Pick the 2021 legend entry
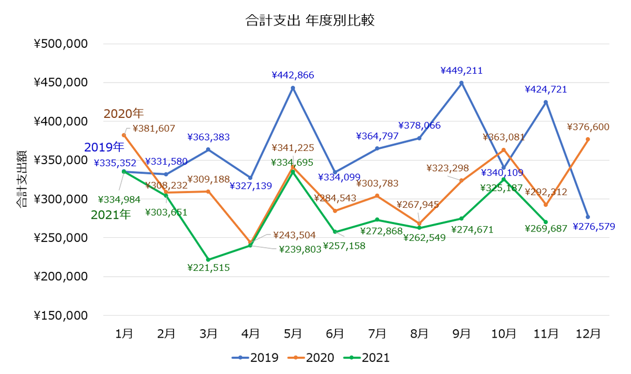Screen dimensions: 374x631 [367, 358]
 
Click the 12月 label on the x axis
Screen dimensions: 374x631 [588, 333]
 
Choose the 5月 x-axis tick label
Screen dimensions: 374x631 [292, 333]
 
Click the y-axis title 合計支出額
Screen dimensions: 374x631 [22, 179]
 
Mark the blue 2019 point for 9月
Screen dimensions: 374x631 [461, 83]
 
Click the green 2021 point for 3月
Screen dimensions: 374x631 [208, 260]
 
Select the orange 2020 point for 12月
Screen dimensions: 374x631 [588, 139]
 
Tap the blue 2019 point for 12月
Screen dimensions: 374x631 [588, 217]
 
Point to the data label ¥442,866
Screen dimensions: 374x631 [293, 75]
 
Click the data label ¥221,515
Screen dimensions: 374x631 [208, 267]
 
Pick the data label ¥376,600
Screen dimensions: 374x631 [588, 127]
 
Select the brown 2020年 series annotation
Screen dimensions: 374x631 [124, 113]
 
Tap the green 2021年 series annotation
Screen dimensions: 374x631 [110, 215]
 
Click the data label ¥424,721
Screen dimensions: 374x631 [546, 89]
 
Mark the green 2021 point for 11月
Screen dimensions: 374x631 [546, 222]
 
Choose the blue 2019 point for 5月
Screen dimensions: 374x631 [293, 88]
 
